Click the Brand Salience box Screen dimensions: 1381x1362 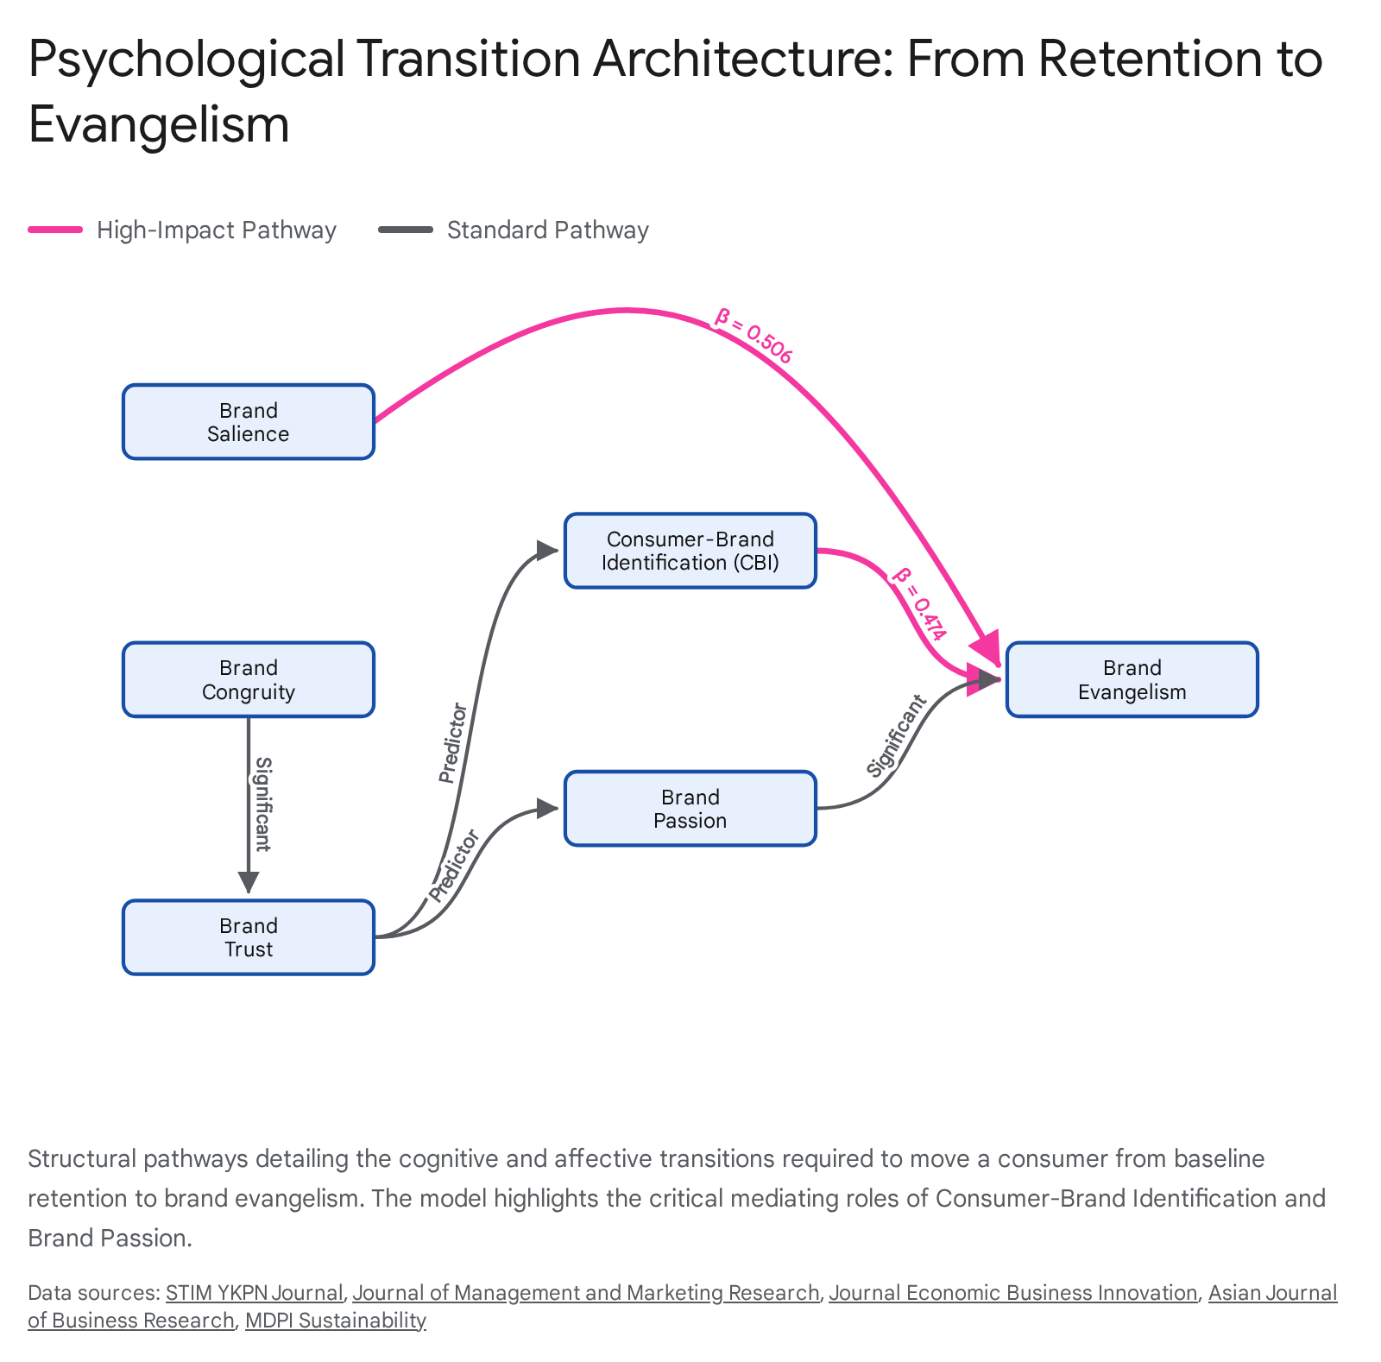click(x=249, y=422)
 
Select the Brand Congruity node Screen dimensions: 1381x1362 click(x=249, y=680)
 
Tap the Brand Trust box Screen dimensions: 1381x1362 click(x=249, y=937)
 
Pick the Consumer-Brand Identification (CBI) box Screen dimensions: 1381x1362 click(x=690, y=551)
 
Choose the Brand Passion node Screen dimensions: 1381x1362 click(x=690, y=809)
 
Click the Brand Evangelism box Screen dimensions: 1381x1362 click(x=1132, y=680)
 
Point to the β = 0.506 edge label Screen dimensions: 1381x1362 click(x=753, y=336)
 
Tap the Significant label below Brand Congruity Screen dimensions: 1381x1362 click(x=262, y=804)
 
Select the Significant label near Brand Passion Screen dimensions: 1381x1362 click(x=897, y=736)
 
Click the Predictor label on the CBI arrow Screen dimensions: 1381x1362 click(x=452, y=743)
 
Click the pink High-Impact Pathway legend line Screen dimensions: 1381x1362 click(x=55, y=230)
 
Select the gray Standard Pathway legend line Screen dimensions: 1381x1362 click(x=406, y=230)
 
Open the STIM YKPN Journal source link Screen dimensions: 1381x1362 click(x=255, y=1292)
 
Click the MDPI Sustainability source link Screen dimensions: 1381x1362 click(x=336, y=1321)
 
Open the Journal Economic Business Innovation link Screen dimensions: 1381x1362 click(x=1013, y=1292)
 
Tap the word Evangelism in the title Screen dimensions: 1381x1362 click(x=159, y=124)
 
